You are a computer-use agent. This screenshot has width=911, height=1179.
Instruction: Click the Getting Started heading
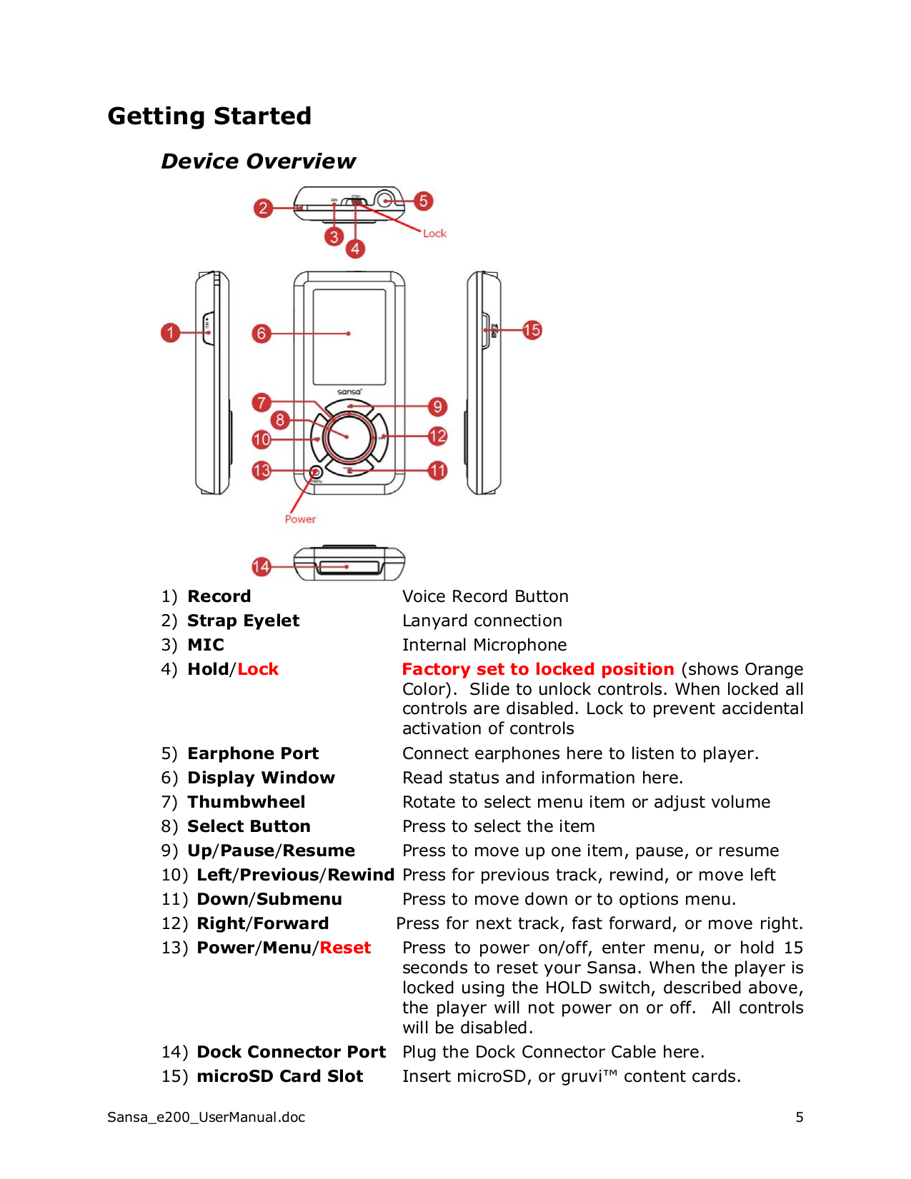[x=209, y=116]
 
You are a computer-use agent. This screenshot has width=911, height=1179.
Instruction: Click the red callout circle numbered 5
[x=423, y=201]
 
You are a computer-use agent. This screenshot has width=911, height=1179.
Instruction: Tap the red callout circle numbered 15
[x=532, y=330]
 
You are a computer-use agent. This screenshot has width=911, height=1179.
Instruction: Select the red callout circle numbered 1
[x=170, y=332]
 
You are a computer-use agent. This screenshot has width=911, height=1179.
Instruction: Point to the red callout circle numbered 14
[x=261, y=566]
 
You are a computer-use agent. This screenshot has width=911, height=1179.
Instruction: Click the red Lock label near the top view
[x=434, y=234]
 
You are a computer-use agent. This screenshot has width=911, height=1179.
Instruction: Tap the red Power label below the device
[x=300, y=519]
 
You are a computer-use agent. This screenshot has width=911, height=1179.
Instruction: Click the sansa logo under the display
[x=349, y=392]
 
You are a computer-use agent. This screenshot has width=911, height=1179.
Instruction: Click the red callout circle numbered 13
[x=262, y=470]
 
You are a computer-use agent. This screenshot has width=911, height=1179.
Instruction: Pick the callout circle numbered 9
[x=437, y=406]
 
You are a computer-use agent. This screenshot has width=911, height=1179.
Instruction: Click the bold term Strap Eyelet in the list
[x=243, y=621]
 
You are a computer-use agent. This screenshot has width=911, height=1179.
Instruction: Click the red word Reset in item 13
[x=345, y=948]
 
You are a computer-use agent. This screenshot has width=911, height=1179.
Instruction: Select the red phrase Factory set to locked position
[x=537, y=669]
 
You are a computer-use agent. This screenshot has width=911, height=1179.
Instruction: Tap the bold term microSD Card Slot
[x=279, y=1076]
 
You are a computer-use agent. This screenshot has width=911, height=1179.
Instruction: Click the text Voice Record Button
[x=485, y=596]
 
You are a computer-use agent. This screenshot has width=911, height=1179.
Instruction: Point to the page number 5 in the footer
[x=800, y=1117]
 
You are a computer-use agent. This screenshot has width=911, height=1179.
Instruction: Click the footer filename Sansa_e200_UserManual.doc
[x=206, y=1117]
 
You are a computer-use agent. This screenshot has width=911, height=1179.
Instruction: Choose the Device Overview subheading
[x=258, y=161]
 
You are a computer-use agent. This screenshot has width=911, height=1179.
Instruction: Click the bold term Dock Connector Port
[x=291, y=1052]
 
